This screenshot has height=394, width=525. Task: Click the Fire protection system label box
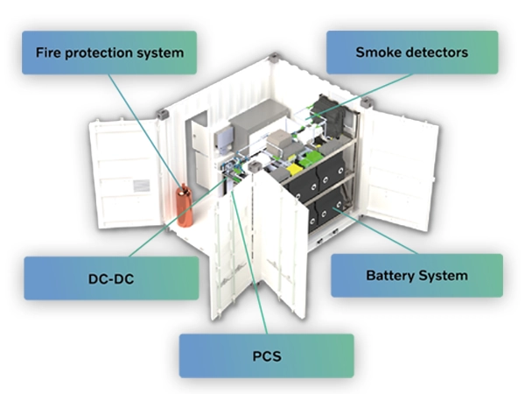pyautogui.click(x=110, y=53)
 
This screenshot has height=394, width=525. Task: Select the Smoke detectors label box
pyautogui.click(x=412, y=53)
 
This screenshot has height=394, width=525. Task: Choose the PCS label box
pyautogui.click(x=266, y=355)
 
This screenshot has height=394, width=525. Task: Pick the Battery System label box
pyautogui.click(x=416, y=275)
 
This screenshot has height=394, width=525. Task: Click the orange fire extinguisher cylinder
pyautogui.click(x=185, y=206)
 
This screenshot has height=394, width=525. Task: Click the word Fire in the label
pyautogui.click(x=49, y=53)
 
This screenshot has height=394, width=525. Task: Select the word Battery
pyautogui.click(x=391, y=275)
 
